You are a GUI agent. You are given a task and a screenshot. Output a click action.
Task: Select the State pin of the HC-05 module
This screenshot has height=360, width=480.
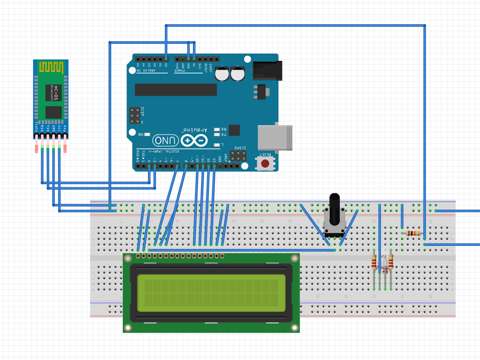coord(37,136)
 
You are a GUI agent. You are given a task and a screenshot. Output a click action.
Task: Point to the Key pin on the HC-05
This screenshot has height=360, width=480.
coord(65,136)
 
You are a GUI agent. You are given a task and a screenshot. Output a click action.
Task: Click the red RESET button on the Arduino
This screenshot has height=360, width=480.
coord(265,164)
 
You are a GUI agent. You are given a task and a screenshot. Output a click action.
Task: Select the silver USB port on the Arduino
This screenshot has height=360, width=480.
coord(275,137)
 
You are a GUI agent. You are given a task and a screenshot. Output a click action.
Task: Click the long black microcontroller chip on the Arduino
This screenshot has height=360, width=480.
coord(175,90)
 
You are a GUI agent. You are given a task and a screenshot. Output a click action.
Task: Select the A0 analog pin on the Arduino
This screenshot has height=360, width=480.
coord(166,59)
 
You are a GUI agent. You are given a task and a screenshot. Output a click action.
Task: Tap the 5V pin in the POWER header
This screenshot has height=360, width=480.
coord(194,59)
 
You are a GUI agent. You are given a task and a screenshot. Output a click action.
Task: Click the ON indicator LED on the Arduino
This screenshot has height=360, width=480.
coord(147,134)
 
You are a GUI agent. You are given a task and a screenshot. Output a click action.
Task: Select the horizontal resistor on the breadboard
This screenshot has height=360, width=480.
coord(413,234)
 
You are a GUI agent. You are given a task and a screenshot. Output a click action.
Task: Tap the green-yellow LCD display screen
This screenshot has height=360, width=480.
coord(211,291)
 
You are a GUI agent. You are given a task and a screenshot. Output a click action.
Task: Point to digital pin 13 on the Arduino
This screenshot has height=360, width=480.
coord(214,166)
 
